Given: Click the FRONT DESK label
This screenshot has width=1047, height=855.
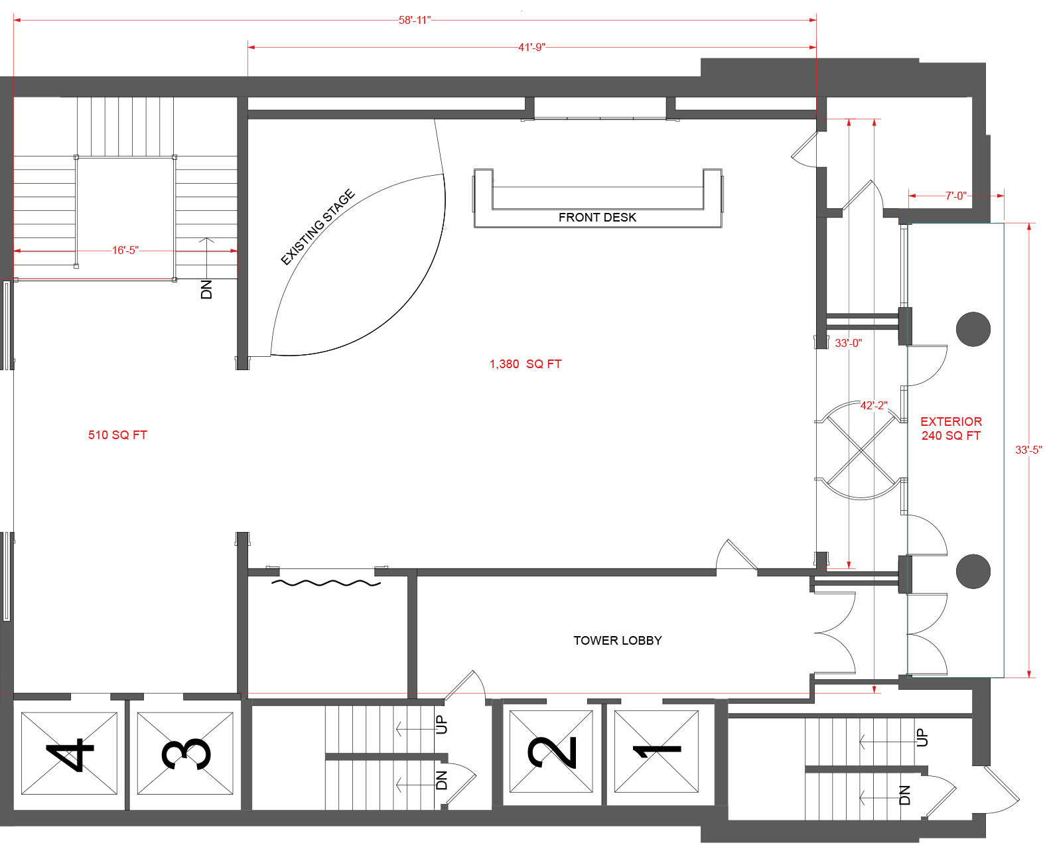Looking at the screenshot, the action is [x=596, y=218].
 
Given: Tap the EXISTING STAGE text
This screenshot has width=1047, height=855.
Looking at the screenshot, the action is [x=318, y=228].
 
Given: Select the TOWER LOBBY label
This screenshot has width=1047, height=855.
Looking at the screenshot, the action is [x=617, y=641].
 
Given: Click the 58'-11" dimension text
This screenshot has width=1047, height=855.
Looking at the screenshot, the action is [x=415, y=21].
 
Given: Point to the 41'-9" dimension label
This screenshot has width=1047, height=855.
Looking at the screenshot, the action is [x=531, y=47].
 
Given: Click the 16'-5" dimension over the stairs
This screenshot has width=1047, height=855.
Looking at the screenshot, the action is [x=125, y=250].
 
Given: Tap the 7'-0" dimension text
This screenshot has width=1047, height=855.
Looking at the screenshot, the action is [x=955, y=196].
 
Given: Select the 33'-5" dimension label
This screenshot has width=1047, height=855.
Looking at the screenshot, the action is [x=1028, y=450].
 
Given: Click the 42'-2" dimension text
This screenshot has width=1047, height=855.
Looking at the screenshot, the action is [x=874, y=405].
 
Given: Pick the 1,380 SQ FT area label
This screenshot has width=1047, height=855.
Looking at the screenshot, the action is [x=525, y=364].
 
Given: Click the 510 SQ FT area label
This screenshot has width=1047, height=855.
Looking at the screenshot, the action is [x=117, y=435].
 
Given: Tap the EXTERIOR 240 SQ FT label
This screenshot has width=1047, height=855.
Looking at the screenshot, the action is [x=951, y=428].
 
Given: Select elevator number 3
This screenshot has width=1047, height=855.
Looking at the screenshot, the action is [x=186, y=754].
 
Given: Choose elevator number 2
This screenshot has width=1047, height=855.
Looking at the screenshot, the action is [x=551, y=752].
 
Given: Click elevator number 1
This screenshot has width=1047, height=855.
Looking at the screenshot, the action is [x=657, y=752].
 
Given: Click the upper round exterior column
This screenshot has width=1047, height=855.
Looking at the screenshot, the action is [x=973, y=329].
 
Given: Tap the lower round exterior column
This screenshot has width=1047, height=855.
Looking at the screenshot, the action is [x=973, y=571].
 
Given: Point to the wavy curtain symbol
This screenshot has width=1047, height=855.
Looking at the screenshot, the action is [x=326, y=582].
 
